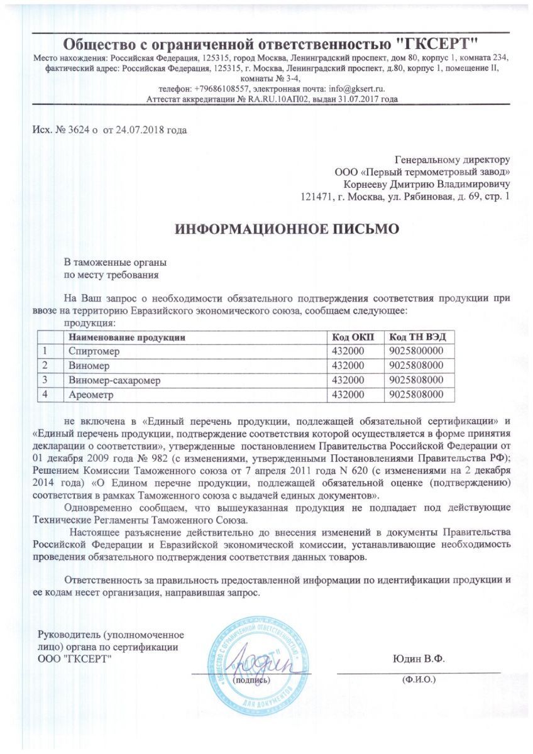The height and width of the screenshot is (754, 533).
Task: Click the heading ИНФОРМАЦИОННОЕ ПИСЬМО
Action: click(286, 229)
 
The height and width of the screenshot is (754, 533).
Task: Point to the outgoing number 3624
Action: click(77, 130)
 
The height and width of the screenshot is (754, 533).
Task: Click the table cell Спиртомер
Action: click(94, 351)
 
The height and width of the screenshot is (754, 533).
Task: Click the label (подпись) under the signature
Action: click(251, 679)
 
